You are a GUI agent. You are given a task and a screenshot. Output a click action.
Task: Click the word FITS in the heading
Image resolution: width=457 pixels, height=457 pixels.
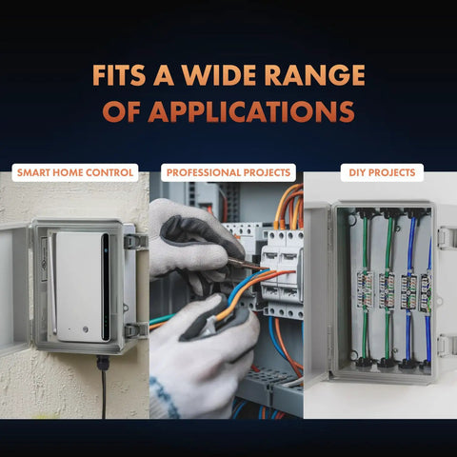coord(119,75)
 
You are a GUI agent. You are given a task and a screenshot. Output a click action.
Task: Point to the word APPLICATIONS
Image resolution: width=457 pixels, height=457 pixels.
coord(251,111)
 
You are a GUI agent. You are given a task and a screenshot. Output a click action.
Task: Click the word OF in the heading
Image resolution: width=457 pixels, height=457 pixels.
coord(121,111)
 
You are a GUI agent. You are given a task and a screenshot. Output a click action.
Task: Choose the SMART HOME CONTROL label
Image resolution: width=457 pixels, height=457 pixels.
coord(75,172)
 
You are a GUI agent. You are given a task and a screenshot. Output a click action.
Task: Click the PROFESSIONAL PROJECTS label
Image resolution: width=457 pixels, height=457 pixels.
coord(228,172)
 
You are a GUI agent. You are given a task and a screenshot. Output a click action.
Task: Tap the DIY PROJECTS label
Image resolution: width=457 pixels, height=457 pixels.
coord(382,172)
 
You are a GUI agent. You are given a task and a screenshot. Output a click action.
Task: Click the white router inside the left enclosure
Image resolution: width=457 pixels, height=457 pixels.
coord(83,288)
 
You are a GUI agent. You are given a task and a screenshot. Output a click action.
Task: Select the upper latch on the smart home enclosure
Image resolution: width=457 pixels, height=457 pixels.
coord(136,242)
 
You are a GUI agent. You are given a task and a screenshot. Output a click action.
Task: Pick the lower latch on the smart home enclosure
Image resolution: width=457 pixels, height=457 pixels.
coord(136,330)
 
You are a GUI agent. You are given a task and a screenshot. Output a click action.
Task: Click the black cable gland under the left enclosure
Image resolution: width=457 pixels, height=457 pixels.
coord(103,363)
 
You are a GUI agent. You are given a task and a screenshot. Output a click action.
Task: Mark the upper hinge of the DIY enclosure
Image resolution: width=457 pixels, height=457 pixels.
coord(447,238)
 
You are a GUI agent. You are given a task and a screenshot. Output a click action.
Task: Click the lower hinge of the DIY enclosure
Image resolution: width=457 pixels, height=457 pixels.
coord(447,346)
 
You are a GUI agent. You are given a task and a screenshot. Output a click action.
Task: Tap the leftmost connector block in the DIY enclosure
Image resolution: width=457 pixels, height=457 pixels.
coord(365,289)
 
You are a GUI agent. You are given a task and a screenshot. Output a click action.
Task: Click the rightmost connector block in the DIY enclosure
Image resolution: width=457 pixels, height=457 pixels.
coord(426,292)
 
